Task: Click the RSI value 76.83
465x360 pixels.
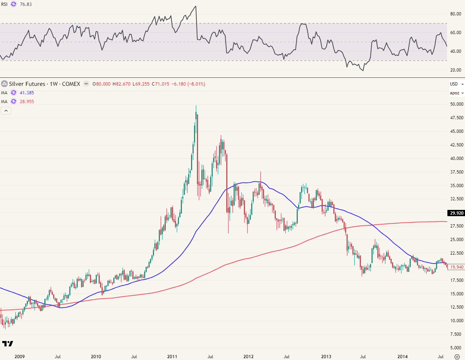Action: (26, 4)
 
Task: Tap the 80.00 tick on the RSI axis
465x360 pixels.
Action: (455, 14)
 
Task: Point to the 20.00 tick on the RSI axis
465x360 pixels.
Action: (455, 70)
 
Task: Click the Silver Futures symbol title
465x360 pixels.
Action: (44, 84)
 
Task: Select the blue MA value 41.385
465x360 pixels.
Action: (27, 93)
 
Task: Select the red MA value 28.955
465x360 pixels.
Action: (27, 102)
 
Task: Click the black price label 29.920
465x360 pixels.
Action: (457, 213)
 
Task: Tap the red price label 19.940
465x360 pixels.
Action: (457, 267)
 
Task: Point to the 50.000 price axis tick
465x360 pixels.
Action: (457, 104)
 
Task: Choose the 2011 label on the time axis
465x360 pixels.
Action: (172, 356)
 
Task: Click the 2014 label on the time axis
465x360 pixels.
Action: (402, 356)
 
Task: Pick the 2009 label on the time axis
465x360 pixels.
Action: (19, 356)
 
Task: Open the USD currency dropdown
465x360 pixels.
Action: (456, 84)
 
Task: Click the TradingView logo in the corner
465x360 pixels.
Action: (8, 343)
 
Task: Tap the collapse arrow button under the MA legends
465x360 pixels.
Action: (6, 110)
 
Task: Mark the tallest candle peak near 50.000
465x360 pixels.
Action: (196, 106)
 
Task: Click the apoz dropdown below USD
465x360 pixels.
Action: (457, 93)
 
